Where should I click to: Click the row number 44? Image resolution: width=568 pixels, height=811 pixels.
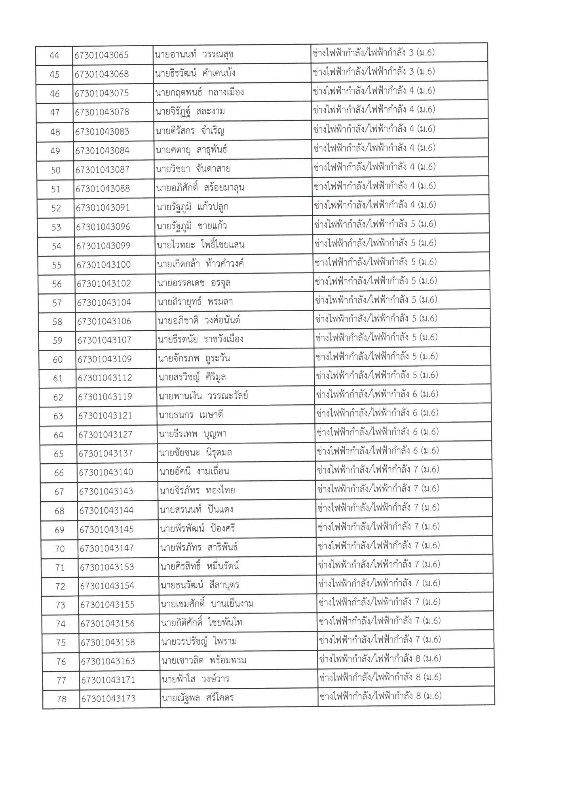(x=54, y=55)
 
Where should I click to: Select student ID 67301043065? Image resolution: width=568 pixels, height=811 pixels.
(x=101, y=55)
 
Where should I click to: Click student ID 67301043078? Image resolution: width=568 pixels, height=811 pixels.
(x=103, y=112)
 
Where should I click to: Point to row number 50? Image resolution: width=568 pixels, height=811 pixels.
(x=56, y=170)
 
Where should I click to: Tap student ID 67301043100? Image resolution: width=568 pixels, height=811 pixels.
(x=104, y=265)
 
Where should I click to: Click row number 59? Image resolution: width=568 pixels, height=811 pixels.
(x=58, y=341)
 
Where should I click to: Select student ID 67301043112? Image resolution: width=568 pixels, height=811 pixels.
(x=105, y=378)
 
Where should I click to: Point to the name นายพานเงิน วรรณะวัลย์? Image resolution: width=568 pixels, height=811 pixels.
(x=203, y=396)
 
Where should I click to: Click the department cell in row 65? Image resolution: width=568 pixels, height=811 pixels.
(x=378, y=451)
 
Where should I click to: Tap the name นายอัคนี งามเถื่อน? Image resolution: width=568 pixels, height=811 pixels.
(x=194, y=472)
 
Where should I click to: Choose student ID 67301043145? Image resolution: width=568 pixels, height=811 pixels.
(x=106, y=529)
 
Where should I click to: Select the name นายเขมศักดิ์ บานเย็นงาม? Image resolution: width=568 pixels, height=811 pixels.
(x=207, y=604)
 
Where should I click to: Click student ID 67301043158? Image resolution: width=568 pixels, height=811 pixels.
(x=108, y=642)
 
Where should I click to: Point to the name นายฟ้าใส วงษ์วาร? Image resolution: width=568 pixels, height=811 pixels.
(x=195, y=680)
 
